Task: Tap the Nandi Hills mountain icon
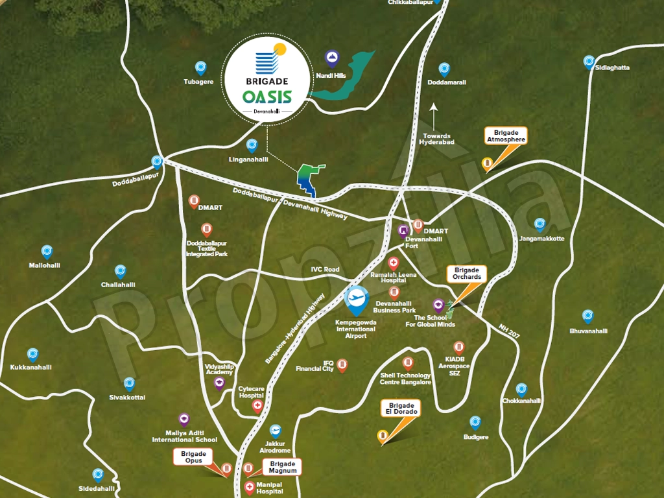pos(332,59)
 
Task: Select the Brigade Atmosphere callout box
pos(505,136)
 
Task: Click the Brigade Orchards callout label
pos(467,273)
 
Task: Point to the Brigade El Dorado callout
pos(400,408)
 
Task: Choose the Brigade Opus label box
pos(193,457)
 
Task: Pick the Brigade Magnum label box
pos(283,467)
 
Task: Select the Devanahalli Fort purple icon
pos(403,230)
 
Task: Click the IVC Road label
pos(325,269)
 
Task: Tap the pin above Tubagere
pos(200,67)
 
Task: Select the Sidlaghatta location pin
pos(589,62)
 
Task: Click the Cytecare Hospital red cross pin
pos(257,407)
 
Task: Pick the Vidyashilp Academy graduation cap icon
pos(219,383)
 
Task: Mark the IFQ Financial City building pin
pos(342,365)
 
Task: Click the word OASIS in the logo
pos(267,97)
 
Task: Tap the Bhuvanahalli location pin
pos(587,316)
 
